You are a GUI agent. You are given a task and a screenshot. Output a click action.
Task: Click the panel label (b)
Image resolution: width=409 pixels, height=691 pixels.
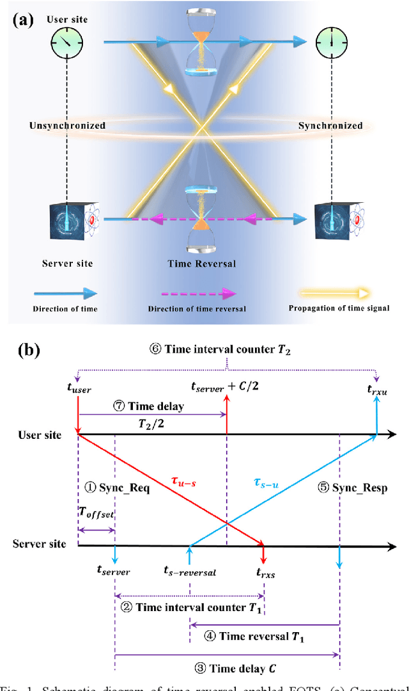pos(27,351)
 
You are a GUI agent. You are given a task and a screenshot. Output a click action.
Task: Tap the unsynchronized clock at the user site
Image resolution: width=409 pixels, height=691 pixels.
pos(66,44)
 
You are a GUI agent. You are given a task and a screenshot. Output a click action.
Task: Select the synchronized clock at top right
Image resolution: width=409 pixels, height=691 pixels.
pos(331,44)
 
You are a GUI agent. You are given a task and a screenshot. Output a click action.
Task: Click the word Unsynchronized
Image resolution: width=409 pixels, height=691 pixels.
pos(67,125)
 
